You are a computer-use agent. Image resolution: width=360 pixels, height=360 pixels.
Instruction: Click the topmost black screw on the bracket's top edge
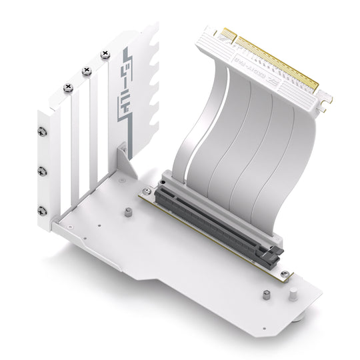105,53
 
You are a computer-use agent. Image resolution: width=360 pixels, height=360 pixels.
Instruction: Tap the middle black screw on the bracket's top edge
85,71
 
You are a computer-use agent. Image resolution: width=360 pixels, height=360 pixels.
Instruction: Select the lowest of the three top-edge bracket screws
67,88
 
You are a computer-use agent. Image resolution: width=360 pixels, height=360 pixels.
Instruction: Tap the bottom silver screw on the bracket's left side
43,211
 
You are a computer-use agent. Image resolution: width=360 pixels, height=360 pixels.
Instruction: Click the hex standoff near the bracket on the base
127,213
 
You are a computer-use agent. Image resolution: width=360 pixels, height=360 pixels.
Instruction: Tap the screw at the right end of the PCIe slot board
285,274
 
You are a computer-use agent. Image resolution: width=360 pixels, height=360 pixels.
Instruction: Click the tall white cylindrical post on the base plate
292,297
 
